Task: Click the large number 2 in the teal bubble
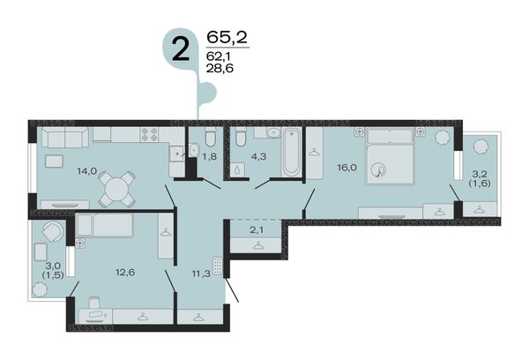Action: (181, 49)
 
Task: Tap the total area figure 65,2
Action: (227, 37)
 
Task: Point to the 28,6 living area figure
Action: (220, 68)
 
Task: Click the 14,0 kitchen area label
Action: (87, 171)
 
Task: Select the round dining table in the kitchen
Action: (116, 189)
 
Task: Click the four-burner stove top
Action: (150, 134)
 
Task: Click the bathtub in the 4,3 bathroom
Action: (292, 152)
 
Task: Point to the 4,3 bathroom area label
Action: (259, 156)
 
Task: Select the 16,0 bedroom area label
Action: (347, 168)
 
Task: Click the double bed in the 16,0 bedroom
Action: (390, 156)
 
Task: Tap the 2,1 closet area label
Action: (257, 230)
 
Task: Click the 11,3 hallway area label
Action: (201, 274)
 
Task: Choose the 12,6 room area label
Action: (125, 272)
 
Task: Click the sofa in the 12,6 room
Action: (105, 225)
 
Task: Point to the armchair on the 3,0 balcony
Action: (53, 231)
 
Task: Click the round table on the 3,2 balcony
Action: (481, 146)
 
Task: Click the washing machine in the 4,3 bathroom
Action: (238, 169)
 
